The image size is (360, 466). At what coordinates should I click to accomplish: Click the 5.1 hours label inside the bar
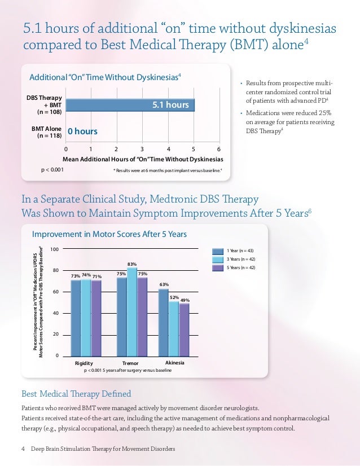coord(169,105)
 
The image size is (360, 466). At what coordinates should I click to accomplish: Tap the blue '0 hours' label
coord(82,131)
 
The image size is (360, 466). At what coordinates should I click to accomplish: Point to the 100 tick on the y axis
coord(55,249)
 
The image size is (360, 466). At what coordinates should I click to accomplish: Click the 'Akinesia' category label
coord(175,362)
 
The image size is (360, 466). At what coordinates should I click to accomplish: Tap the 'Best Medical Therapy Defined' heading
coord(76,393)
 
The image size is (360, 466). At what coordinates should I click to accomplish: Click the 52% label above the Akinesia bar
coord(174,297)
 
